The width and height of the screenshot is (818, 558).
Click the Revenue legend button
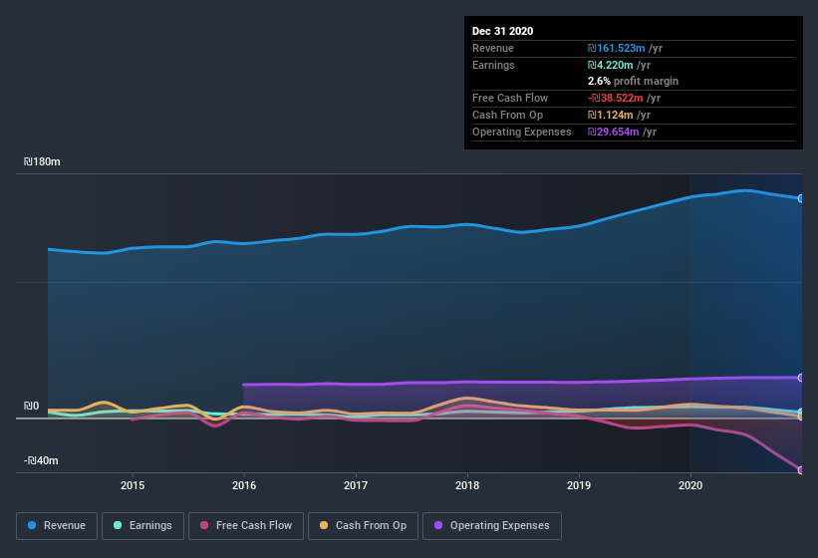tap(57, 525)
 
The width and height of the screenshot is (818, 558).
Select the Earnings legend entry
tap(142, 525)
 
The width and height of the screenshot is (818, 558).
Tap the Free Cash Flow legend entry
tap(246, 525)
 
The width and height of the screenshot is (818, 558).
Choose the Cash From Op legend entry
tap(363, 525)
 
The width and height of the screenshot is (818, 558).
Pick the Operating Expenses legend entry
tap(492, 525)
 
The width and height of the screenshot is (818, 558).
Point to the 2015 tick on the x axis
tap(133, 485)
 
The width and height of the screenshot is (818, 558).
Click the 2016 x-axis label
tap(244, 485)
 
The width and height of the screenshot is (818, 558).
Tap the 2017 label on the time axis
tap(356, 485)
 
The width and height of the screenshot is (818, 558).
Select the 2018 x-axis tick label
tap(467, 485)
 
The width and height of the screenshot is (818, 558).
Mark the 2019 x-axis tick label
tap(579, 485)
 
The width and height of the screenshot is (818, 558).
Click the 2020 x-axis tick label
tap(690, 485)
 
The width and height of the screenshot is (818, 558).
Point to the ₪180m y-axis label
tap(43, 161)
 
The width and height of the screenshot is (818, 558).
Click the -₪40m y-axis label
tap(41, 460)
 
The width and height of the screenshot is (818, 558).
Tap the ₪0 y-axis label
tap(31, 406)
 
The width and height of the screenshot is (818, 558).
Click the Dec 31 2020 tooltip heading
tap(503, 31)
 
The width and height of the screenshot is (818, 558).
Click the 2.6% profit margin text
tap(634, 81)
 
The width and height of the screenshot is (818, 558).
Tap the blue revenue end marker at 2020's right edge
tap(801, 198)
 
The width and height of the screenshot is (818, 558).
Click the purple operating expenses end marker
tap(801, 378)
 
